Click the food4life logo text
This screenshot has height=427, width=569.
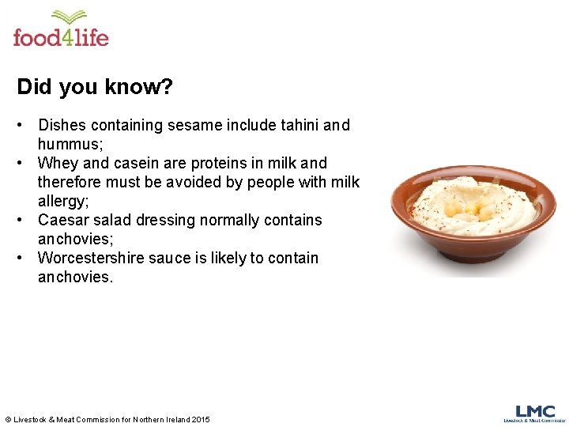click(x=61, y=37)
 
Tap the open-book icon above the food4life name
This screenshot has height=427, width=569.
click(x=69, y=17)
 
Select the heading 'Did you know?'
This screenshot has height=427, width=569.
click(x=94, y=86)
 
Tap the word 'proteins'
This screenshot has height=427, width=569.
click(x=220, y=163)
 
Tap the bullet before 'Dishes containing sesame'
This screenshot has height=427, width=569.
click(x=24, y=125)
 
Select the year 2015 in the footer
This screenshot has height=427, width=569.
click(x=200, y=419)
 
